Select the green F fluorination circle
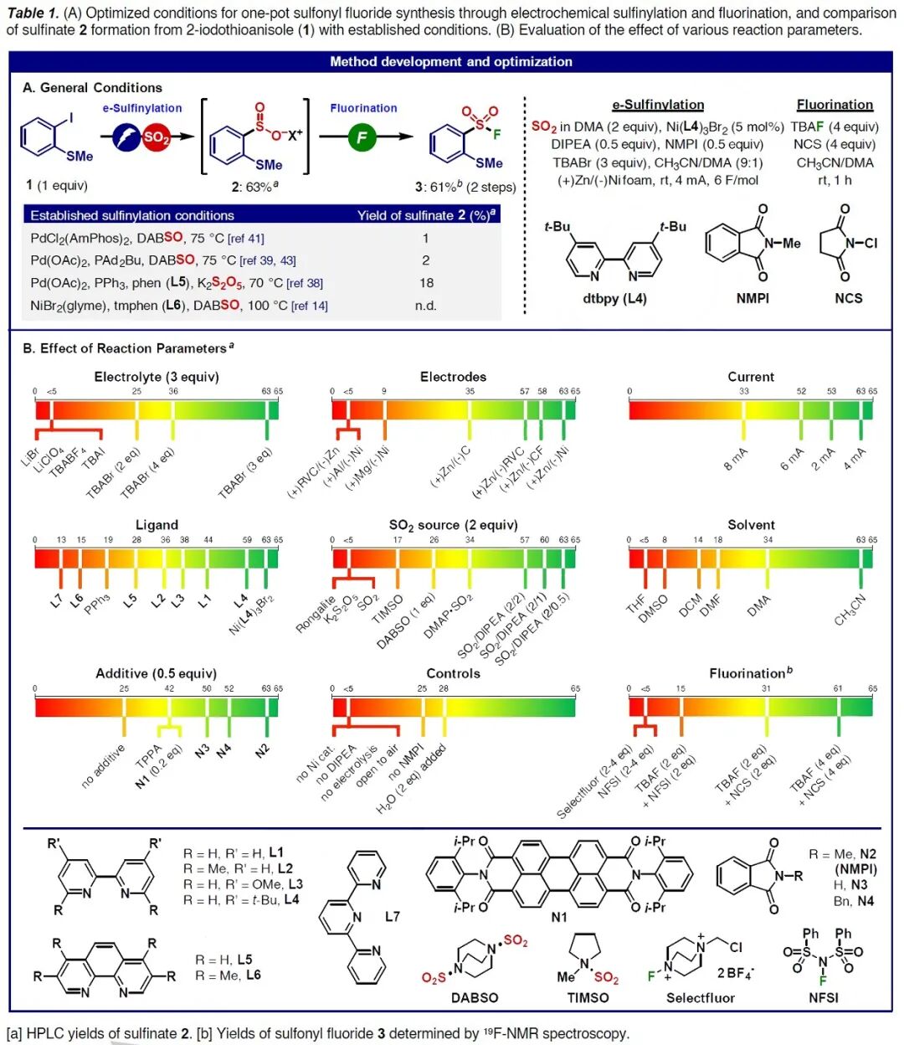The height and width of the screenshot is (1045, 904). (362, 137)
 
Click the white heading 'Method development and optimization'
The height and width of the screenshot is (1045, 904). (451, 61)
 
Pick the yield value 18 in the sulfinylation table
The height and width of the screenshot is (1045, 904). (426, 283)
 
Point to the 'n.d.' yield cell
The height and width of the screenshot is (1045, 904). (426, 306)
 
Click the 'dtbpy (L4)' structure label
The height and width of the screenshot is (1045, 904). (614, 298)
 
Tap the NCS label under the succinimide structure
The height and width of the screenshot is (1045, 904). (848, 298)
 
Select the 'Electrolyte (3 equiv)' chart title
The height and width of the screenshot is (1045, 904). (157, 377)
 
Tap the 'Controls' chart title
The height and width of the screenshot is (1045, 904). (453, 673)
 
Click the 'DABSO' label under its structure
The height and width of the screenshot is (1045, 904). (475, 997)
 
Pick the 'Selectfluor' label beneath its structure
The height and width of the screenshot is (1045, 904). (700, 997)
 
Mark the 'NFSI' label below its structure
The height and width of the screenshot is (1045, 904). (823, 997)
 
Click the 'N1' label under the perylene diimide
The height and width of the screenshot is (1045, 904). (558, 917)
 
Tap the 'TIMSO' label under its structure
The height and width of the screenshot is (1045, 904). (588, 997)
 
